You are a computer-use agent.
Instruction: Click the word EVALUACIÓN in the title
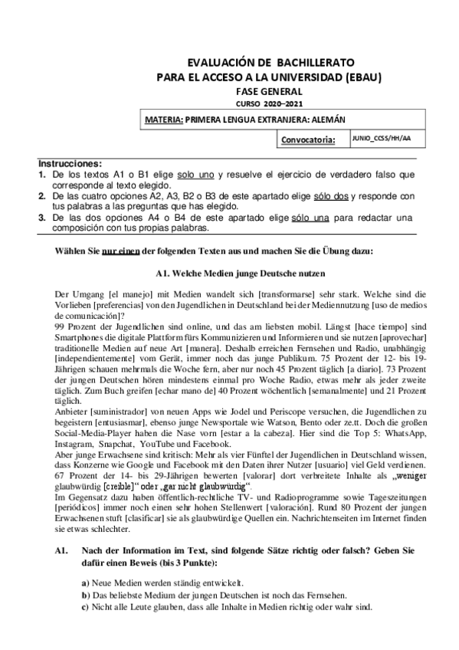218,63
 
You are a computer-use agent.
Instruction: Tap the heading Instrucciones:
70,164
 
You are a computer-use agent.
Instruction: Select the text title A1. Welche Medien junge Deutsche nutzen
230,273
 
